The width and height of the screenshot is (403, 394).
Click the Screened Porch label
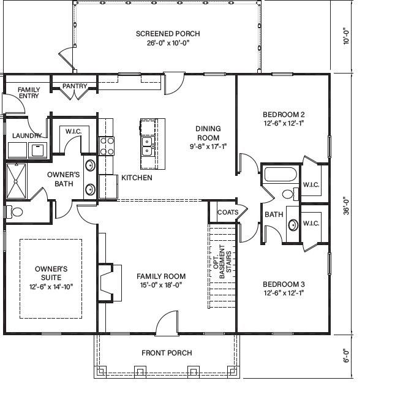click(168, 34)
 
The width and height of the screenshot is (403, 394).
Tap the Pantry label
click(75, 86)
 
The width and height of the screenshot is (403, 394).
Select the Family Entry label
click(28, 93)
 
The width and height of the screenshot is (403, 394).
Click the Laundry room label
click(27, 135)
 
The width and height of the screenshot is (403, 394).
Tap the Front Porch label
click(167, 352)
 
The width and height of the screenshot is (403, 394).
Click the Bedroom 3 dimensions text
click(284, 293)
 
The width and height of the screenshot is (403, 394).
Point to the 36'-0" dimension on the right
click(347, 204)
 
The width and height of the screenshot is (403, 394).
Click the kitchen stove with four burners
click(107, 145)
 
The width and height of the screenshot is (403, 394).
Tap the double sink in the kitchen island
click(148, 146)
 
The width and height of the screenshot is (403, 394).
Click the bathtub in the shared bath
click(280, 174)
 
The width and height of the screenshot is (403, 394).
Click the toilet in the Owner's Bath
click(15, 212)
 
